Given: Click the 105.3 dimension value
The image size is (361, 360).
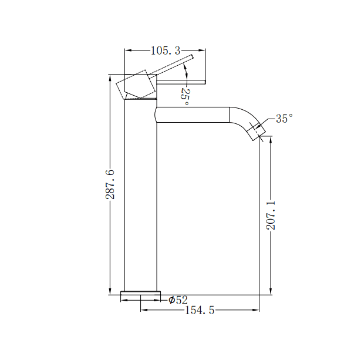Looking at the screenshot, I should [x=164, y=51].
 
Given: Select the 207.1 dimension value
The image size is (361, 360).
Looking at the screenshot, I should [x=271, y=214].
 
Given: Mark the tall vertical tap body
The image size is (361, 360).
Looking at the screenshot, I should [x=141, y=200].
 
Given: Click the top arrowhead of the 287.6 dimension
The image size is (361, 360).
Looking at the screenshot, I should [x=110, y=78].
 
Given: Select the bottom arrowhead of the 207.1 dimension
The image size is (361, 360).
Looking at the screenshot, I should [x=271, y=291].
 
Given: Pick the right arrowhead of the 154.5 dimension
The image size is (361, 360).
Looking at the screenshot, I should [x=257, y=310].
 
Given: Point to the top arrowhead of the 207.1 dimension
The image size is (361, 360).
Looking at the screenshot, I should [x=271, y=140].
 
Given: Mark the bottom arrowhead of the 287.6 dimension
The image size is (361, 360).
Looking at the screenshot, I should [x=110, y=292].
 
